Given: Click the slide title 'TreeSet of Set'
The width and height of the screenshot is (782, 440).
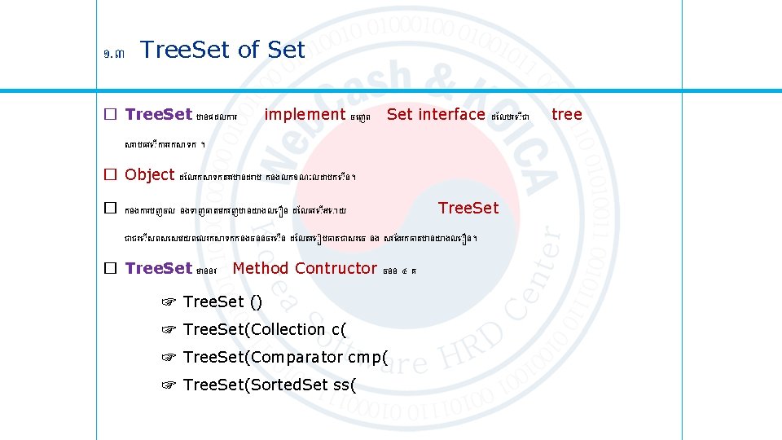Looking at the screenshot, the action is pos(222,51).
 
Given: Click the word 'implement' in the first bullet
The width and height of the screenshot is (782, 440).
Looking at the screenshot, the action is pos(305,115).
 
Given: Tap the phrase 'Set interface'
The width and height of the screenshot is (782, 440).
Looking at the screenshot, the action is pos(436,115).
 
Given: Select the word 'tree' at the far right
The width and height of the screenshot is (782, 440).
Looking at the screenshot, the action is pos(567,115).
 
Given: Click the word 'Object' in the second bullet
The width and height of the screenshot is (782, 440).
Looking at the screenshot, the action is pos(150,174).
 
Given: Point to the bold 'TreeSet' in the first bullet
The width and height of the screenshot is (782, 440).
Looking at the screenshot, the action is pos(159,115).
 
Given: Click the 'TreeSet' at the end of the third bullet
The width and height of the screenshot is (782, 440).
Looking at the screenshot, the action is pos(468,209).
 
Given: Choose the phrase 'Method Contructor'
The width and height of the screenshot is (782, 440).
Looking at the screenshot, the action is pos(305,268).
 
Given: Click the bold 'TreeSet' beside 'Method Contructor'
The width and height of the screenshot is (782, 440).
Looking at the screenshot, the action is pos(159,268).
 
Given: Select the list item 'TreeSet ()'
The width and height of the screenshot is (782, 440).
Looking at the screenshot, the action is pos(222,302).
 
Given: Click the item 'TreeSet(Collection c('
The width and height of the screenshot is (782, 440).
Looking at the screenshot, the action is pos(265,329).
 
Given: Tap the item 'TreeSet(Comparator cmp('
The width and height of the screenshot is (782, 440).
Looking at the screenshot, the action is pos(285,357).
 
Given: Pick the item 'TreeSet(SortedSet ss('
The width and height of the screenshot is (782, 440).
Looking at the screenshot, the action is pos(270,385).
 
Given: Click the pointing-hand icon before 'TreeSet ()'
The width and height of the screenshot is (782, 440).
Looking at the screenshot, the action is pos(169,303).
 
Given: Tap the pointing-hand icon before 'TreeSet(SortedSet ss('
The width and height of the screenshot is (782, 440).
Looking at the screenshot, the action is pos(169,385).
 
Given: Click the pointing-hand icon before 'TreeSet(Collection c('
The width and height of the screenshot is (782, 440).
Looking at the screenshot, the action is pos(169,330).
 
